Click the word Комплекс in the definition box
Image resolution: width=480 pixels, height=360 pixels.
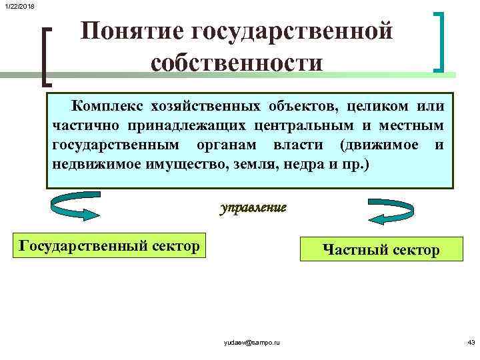click(102, 107)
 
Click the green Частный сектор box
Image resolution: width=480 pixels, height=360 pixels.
click(381, 249)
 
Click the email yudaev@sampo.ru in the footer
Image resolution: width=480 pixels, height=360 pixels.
click(251, 342)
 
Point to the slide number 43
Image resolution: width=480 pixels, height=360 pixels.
click(471, 342)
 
